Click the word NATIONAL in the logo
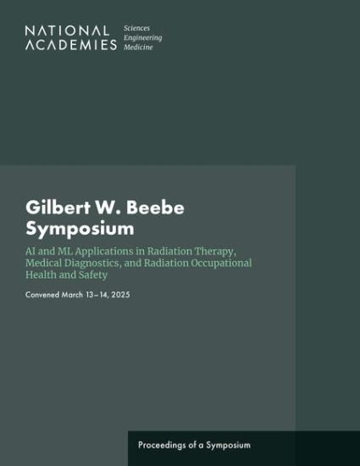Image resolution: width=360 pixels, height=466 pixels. pyautogui.click(x=67, y=31)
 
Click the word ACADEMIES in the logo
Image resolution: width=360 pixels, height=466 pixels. pyautogui.click(x=71, y=45)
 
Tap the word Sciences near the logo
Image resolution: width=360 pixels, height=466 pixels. pyautogui.click(x=137, y=28)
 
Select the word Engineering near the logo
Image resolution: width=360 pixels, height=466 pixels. pyautogui.click(x=142, y=37)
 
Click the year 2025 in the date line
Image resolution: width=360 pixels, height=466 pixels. pyautogui.click(x=119, y=294)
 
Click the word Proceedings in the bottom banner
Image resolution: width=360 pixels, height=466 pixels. pyautogui.click(x=165, y=445)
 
